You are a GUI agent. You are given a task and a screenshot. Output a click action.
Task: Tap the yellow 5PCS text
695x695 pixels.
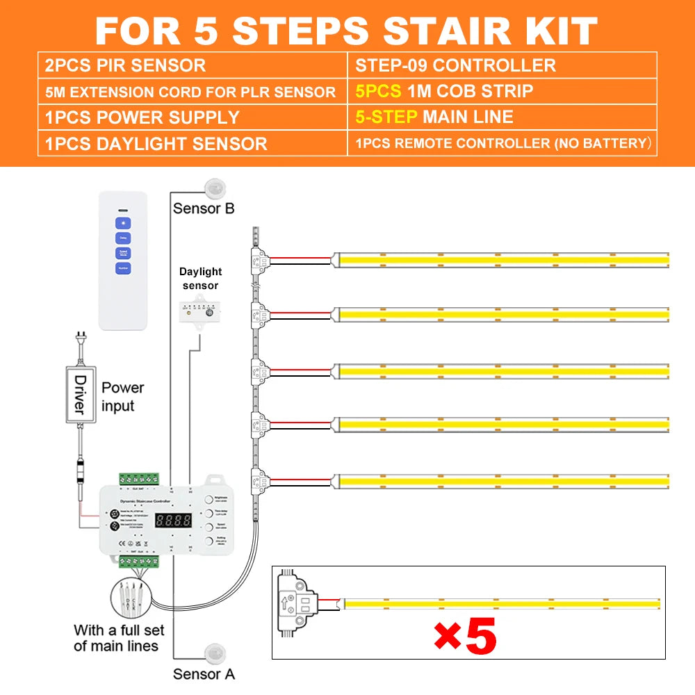(378, 91)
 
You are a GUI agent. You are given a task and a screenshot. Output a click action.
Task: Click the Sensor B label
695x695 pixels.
(204, 208)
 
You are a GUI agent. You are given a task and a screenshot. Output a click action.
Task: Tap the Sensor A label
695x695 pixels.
(204, 673)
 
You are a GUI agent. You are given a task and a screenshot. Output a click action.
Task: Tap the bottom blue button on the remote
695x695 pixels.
(123, 268)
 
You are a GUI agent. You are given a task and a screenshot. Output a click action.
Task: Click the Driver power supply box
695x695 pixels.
(79, 394)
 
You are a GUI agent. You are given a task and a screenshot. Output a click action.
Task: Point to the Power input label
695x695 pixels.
(122, 396)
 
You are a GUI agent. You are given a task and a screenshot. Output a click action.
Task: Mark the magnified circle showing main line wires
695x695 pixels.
(132, 597)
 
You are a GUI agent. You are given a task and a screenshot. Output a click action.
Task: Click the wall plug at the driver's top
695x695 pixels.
(81, 342)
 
